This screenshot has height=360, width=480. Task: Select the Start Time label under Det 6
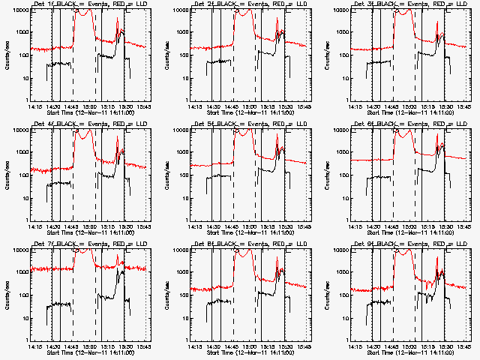click(x=410, y=231)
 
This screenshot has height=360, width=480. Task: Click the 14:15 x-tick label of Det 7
click(x=34, y=346)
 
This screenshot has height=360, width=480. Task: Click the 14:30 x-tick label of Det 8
click(x=213, y=346)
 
